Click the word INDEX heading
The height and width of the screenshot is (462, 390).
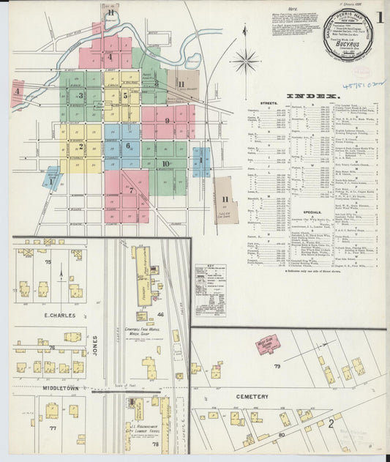312,96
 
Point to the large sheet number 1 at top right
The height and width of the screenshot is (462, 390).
380,17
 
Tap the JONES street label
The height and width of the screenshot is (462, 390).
95,344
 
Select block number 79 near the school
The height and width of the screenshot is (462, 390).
277,366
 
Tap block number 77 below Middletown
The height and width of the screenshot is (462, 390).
53,428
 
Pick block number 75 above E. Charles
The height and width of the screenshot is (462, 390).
49,261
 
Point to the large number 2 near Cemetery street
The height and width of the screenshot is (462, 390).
331,422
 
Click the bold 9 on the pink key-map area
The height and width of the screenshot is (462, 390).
167,120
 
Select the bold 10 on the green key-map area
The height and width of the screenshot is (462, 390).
166,164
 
